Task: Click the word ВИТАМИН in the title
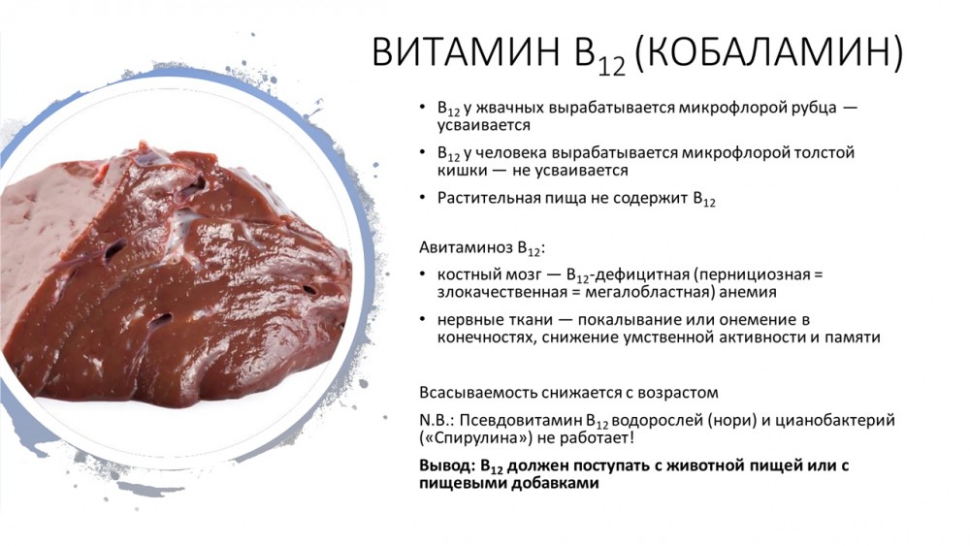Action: tap(467, 51)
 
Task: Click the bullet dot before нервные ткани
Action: tap(423, 320)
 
